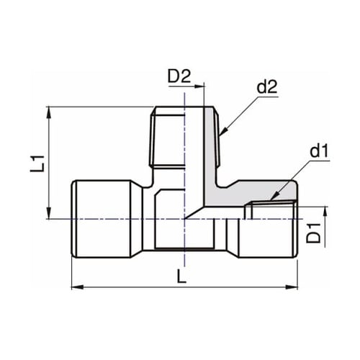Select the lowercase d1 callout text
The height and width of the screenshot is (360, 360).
pyautogui.click(x=318, y=152)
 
